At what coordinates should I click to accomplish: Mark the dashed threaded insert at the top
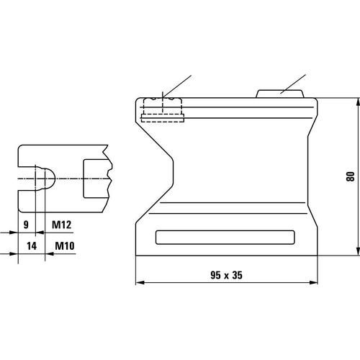163,108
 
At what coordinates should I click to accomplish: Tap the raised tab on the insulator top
281,94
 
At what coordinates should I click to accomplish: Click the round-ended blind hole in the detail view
44,177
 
